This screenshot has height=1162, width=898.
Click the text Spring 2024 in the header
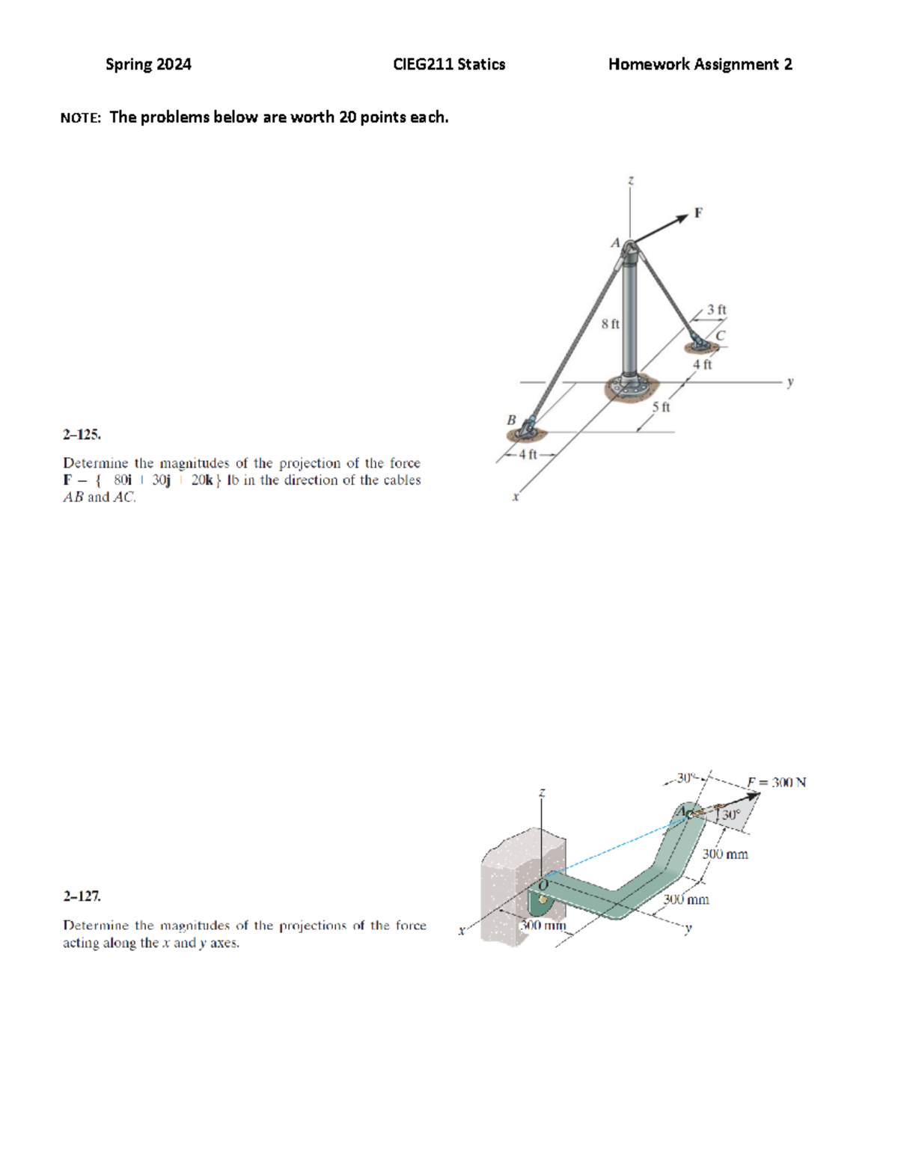tap(148, 64)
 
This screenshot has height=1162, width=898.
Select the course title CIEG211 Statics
tap(449, 64)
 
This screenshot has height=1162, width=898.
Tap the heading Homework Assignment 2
tap(700, 64)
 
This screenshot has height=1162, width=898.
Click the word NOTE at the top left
tap(80, 117)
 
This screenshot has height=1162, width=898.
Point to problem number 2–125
tap(82, 435)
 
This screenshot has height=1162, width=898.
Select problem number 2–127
tap(82, 896)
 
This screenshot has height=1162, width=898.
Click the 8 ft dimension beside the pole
tap(610, 324)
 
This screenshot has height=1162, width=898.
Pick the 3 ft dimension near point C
tap(717, 309)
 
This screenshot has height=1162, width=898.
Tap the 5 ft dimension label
tap(661, 407)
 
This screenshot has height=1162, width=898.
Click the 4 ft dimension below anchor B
tap(528, 454)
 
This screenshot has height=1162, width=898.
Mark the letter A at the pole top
tap(615, 242)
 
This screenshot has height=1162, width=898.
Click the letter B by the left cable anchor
tap(512, 420)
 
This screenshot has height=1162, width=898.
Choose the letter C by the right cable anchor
tap(720, 336)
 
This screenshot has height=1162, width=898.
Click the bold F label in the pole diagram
tap(698, 213)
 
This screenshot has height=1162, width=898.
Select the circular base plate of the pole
tap(629, 388)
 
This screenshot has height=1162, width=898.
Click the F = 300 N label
tap(776, 783)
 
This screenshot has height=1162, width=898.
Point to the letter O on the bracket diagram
tap(544, 885)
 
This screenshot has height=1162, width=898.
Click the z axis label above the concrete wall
tap(542, 792)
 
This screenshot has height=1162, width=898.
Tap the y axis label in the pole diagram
tap(790, 382)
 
